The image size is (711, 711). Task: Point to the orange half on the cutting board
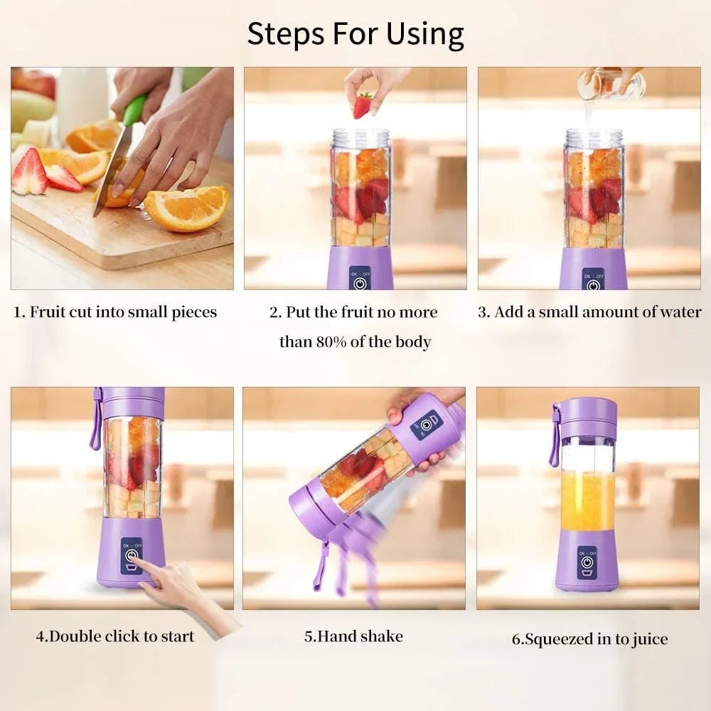pyautogui.click(x=187, y=208)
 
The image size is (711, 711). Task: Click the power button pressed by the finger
pyautogui.click(x=131, y=556)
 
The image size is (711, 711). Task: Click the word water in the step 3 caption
pyautogui.click(x=679, y=312)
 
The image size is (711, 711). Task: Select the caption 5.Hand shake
pyautogui.click(x=353, y=636)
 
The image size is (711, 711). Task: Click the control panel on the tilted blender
pyautogui.click(x=426, y=424)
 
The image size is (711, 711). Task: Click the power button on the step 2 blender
pyautogui.click(x=360, y=282)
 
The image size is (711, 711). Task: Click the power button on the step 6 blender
pyautogui.click(x=587, y=560)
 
